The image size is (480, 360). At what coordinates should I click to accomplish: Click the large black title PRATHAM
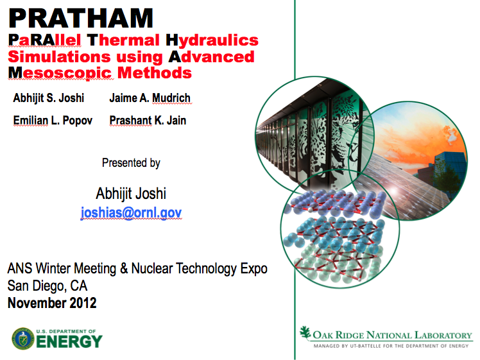81,19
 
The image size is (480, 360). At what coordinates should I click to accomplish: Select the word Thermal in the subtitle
123,40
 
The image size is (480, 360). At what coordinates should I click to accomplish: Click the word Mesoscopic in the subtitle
60,73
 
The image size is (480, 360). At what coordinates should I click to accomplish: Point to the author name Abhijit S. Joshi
48,98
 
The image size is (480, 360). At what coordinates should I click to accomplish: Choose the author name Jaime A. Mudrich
150,98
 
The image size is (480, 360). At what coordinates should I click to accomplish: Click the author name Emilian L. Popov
53,121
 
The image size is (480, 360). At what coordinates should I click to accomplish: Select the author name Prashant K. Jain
148,120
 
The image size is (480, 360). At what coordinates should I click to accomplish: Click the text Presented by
131,163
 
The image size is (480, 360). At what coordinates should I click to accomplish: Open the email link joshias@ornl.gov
131,212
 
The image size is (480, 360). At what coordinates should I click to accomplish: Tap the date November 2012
52,303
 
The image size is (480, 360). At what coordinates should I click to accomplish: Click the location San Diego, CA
47,286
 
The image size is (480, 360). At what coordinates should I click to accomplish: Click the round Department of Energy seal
23,339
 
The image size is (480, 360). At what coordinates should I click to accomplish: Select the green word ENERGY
69,341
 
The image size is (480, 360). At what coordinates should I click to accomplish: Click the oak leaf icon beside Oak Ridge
305,332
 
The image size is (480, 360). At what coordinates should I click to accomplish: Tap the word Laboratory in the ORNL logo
443,336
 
